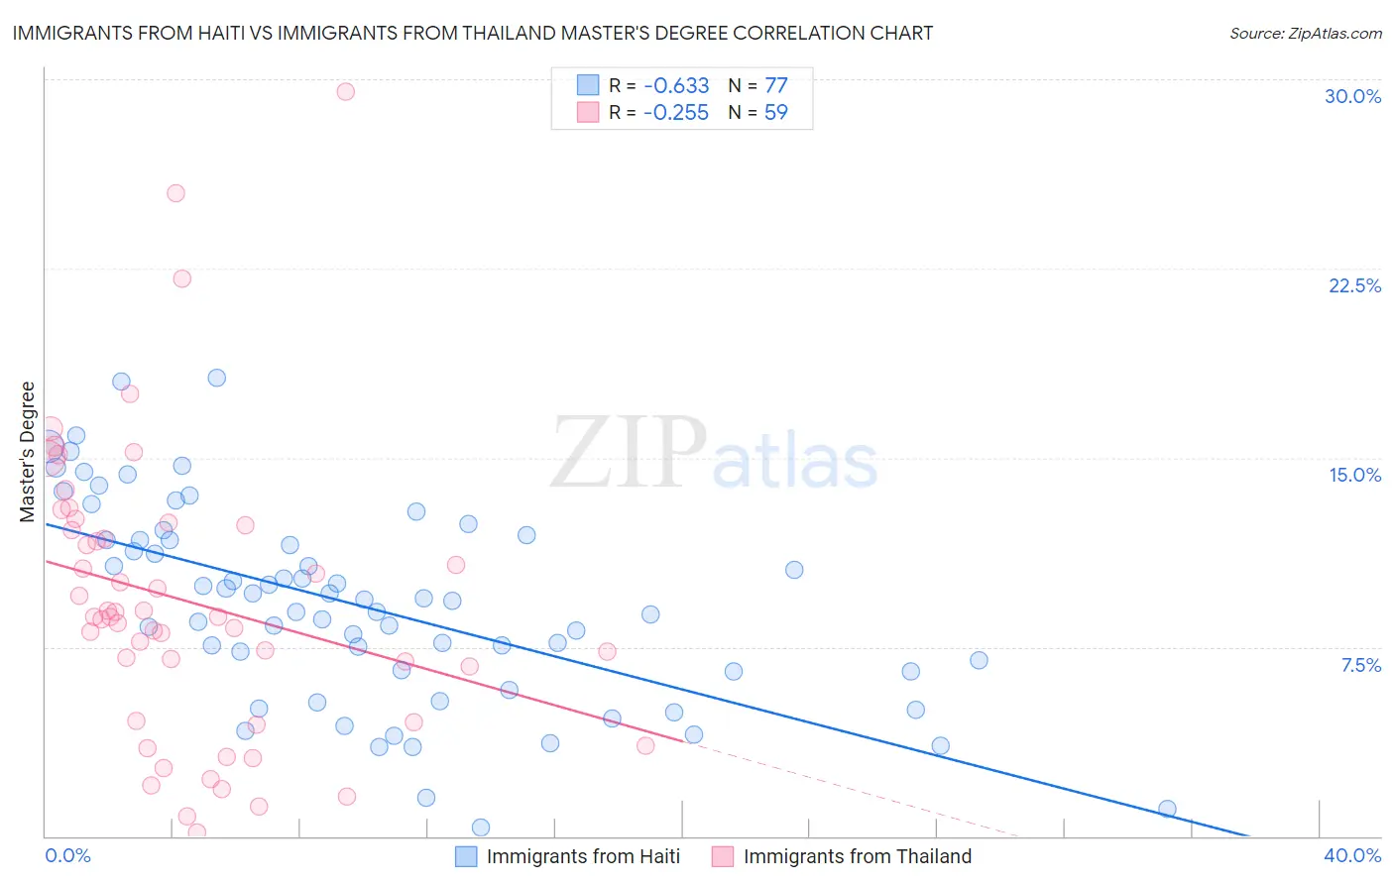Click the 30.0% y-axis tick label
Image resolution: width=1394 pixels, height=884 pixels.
[x=1352, y=96]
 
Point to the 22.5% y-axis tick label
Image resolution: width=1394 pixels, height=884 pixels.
[x=1354, y=285]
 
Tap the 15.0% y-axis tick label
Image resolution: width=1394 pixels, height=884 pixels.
[x=1354, y=475]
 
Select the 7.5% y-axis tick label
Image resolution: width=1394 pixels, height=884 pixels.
[x=1360, y=665]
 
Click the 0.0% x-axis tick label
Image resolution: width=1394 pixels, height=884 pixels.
[x=67, y=855]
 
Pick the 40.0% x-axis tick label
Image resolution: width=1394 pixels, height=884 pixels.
[x=1352, y=855]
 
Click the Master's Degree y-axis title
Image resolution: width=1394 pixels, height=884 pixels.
[x=28, y=451]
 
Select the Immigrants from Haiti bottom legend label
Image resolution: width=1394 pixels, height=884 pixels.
[x=583, y=856]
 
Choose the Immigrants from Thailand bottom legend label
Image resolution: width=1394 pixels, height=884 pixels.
[x=857, y=856]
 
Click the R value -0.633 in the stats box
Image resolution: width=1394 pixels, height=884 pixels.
[x=676, y=85]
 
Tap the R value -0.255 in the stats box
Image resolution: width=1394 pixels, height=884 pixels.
[x=676, y=112]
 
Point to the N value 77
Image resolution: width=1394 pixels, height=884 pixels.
[x=775, y=85]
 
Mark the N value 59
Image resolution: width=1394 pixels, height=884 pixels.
[x=775, y=112]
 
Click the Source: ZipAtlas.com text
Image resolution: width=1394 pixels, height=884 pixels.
[x=1305, y=34]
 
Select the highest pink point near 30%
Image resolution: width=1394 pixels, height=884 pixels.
[x=345, y=91]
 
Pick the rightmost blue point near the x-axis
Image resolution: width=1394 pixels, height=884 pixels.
[x=1167, y=809]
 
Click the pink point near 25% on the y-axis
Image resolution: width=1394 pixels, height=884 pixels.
[x=175, y=193]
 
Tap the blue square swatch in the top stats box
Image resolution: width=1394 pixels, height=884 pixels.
[x=588, y=85]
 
